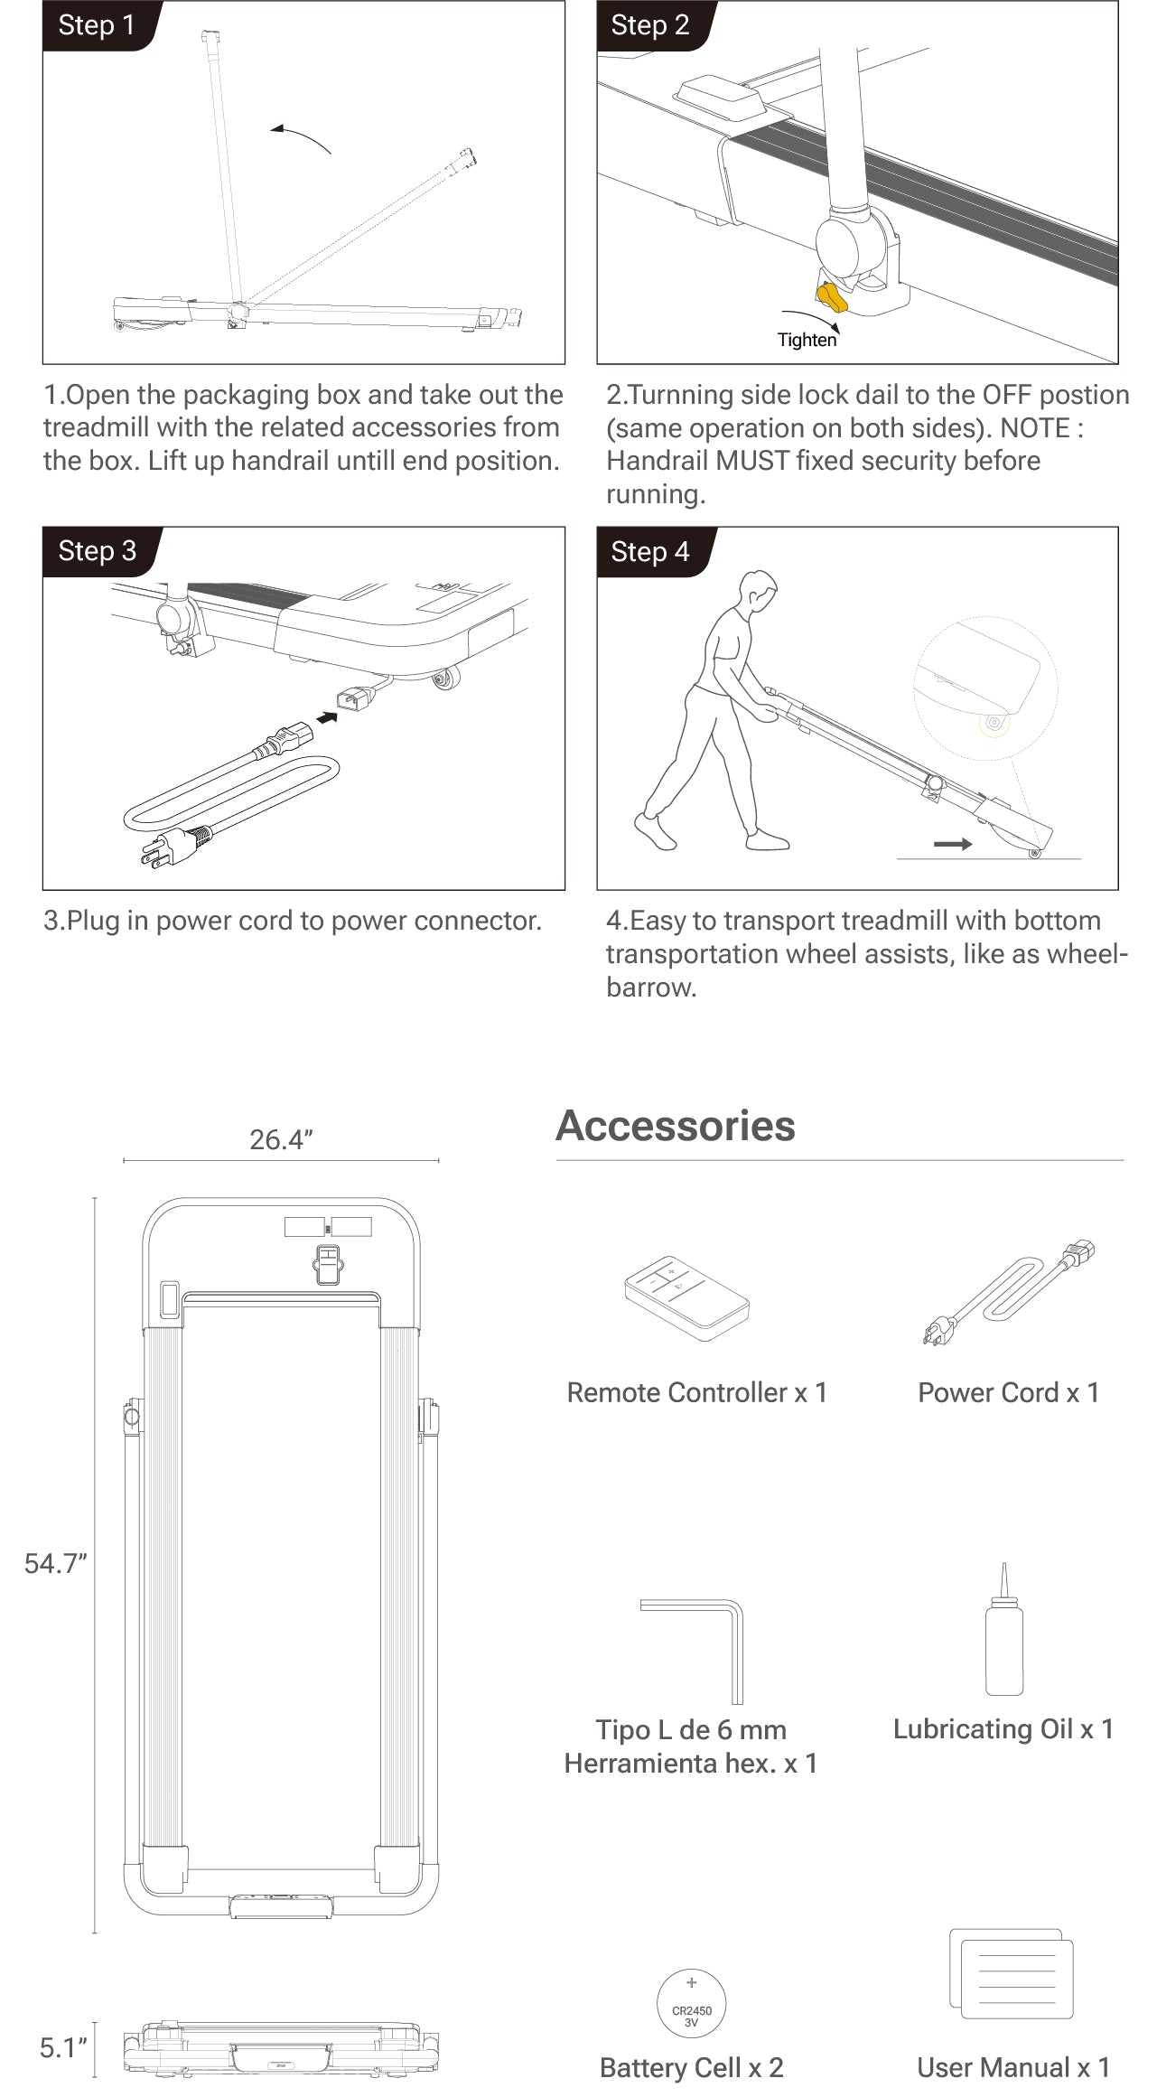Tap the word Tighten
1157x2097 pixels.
click(x=807, y=340)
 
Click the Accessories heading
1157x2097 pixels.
click(x=676, y=1126)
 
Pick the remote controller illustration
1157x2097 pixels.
click(x=686, y=1297)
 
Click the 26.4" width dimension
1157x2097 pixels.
click(x=281, y=1139)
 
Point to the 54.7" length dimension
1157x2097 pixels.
click(x=55, y=1563)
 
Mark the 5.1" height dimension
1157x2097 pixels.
click(x=63, y=2047)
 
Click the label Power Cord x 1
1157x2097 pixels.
click(x=1009, y=1392)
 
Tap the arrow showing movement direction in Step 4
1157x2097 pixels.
click(x=953, y=844)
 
